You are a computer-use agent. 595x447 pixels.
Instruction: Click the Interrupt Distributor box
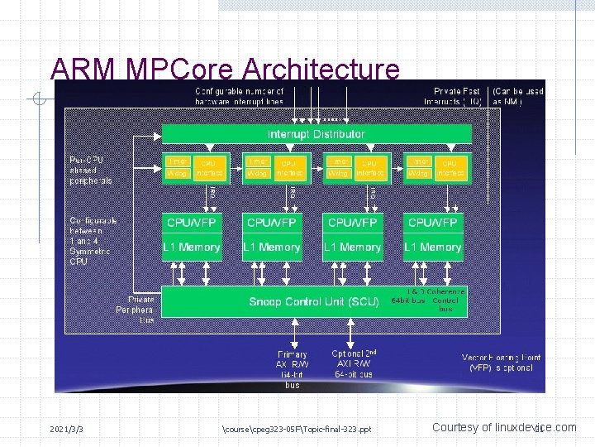point(317,134)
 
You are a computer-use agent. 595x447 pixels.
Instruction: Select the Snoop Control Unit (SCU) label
point(314,302)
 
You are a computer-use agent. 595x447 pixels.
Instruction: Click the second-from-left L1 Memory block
point(273,247)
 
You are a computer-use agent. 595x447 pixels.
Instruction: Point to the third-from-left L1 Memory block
point(353,247)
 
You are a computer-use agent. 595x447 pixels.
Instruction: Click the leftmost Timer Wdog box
point(178,168)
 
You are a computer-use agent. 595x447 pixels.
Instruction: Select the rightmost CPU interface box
point(450,168)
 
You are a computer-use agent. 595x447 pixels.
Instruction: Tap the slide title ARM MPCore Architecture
point(225,69)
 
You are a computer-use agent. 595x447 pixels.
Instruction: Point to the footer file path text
point(297,429)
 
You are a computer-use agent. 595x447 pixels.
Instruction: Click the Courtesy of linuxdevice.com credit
point(504,427)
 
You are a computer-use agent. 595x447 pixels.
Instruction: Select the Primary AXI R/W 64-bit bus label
point(293,369)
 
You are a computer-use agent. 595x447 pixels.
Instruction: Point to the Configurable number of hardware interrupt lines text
point(239,96)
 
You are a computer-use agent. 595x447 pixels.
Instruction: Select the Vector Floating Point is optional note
point(502,363)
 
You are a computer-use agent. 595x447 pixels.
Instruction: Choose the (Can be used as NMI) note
point(518,96)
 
